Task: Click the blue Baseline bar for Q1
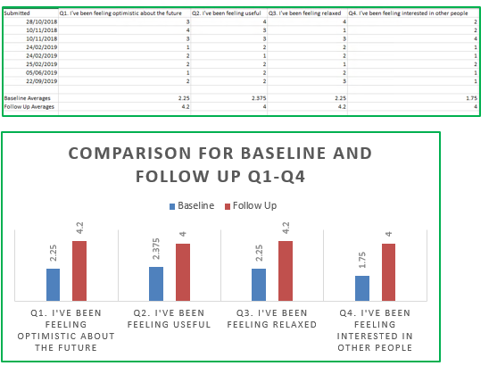pos(53,285)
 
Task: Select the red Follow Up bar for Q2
pos(183,272)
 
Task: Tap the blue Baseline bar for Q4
pos(362,288)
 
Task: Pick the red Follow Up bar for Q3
pos(286,270)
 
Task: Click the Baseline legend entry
pos(192,206)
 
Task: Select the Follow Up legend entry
pos(251,206)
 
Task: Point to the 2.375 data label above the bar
pos(156,249)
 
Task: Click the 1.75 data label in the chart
pos(362,260)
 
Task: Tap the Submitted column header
pos(17,13)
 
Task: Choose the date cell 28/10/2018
pos(41,21)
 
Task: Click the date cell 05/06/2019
pos(41,72)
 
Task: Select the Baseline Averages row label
pos(27,98)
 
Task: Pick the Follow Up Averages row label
pos(29,107)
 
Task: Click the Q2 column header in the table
pos(226,13)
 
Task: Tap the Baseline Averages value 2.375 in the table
pos(259,98)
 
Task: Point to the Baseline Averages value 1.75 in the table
pos(471,98)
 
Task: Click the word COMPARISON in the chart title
pos(129,154)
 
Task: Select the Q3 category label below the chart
pos(271,319)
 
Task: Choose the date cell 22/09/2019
pos(41,81)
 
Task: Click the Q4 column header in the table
pos(408,13)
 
